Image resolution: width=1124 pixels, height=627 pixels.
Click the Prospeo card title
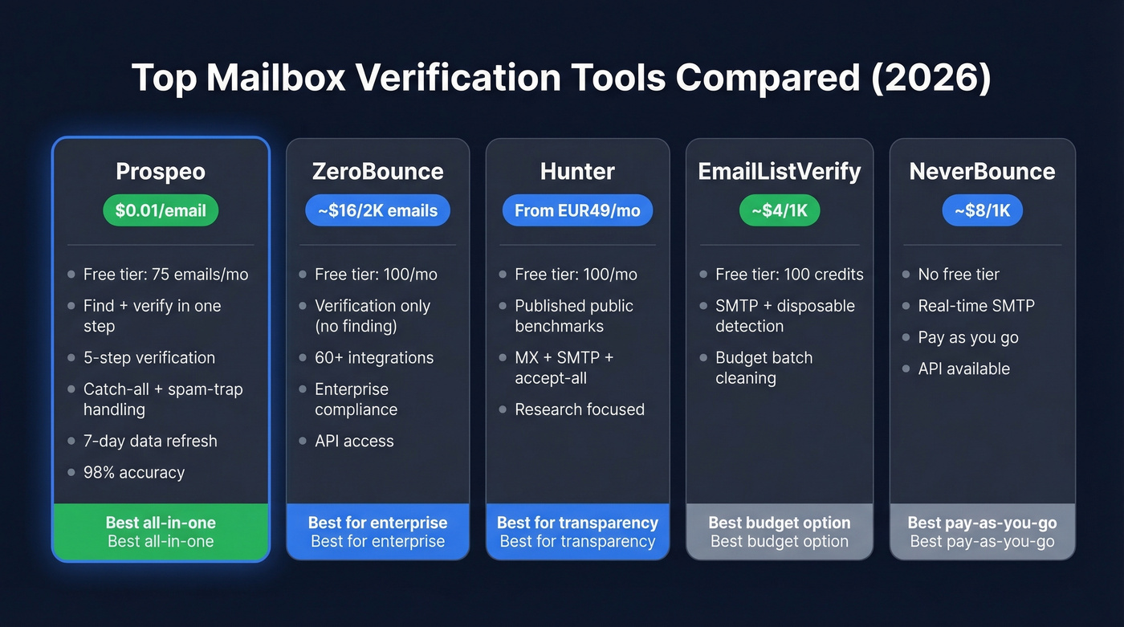[161, 171]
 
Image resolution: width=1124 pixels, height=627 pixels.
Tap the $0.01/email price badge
[161, 210]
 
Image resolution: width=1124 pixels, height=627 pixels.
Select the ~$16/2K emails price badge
[377, 210]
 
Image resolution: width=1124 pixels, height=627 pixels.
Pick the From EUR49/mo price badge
[577, 210]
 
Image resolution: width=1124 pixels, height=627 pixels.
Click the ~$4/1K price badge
[780, 210]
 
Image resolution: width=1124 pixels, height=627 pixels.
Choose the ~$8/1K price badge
[982, 210]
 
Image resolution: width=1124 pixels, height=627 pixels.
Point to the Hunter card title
[577, 171]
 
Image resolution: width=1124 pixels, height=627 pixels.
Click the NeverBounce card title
[982, 171]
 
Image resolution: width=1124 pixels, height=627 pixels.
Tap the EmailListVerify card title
[780, 171]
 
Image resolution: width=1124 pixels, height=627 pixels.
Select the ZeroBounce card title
[377, 171]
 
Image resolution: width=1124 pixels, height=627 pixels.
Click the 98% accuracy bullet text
[134, 473]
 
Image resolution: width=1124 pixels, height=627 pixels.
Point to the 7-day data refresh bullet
[150, 441]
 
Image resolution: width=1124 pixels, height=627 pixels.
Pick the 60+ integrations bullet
[374, 358]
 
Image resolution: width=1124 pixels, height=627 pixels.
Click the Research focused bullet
[580, 409]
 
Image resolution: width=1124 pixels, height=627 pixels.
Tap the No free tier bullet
[959, 275]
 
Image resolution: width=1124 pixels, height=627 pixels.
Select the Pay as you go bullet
[968, 337]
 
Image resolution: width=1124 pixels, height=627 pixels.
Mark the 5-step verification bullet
[149, 358]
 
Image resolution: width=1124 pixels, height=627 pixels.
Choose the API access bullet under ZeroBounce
[354, 441]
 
